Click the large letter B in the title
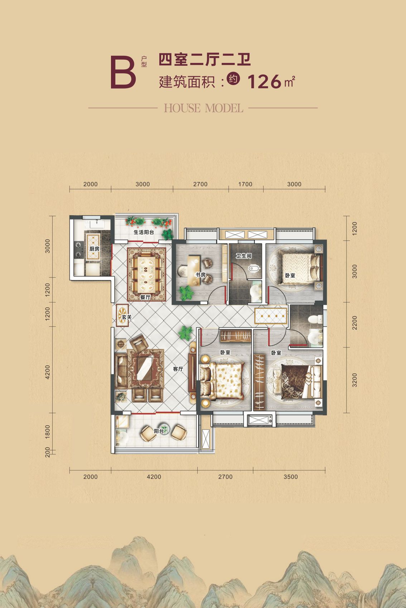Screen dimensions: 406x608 [123, 72]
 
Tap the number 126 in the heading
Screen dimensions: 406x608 [264, 81]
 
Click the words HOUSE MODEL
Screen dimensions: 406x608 [203, 108]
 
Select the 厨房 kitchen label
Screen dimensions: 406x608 [95, 249]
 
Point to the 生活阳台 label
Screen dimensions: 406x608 [144, 232]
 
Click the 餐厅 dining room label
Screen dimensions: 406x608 [145, 297]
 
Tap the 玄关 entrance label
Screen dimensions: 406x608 [126, 317]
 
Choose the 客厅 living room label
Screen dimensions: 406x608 [178, 369]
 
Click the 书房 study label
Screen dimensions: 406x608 [200, 275]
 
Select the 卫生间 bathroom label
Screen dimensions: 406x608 [244, 256]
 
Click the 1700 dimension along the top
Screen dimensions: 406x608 [245, 184]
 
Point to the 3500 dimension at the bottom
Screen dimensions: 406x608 [291, 476]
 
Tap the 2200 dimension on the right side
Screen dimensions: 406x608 [354, 323]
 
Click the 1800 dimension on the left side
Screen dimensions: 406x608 [48, 431]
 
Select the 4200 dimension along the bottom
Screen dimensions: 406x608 [154, 476]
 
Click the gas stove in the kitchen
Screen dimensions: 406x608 [79, 249]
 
